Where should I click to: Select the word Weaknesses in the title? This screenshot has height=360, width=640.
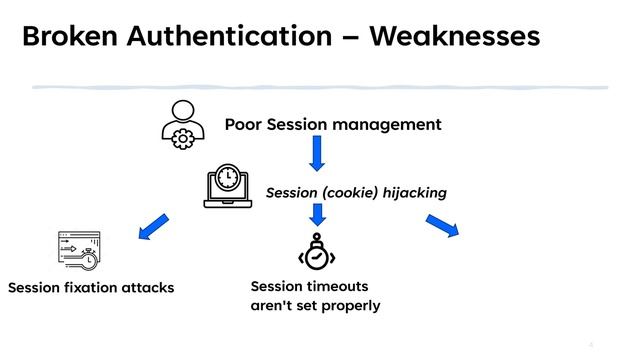pos(455,37)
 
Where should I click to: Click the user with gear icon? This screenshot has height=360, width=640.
pos(183,126)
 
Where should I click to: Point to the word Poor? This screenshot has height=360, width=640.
pos(244,125)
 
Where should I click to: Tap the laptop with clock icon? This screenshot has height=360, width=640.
pos(228,186)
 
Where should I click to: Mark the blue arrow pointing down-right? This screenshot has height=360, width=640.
pos(441,226)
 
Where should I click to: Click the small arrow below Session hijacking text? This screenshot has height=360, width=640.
pos(317,213)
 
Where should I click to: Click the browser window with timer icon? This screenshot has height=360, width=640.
pos(78,250)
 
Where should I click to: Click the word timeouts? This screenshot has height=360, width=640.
pos(340,286)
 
